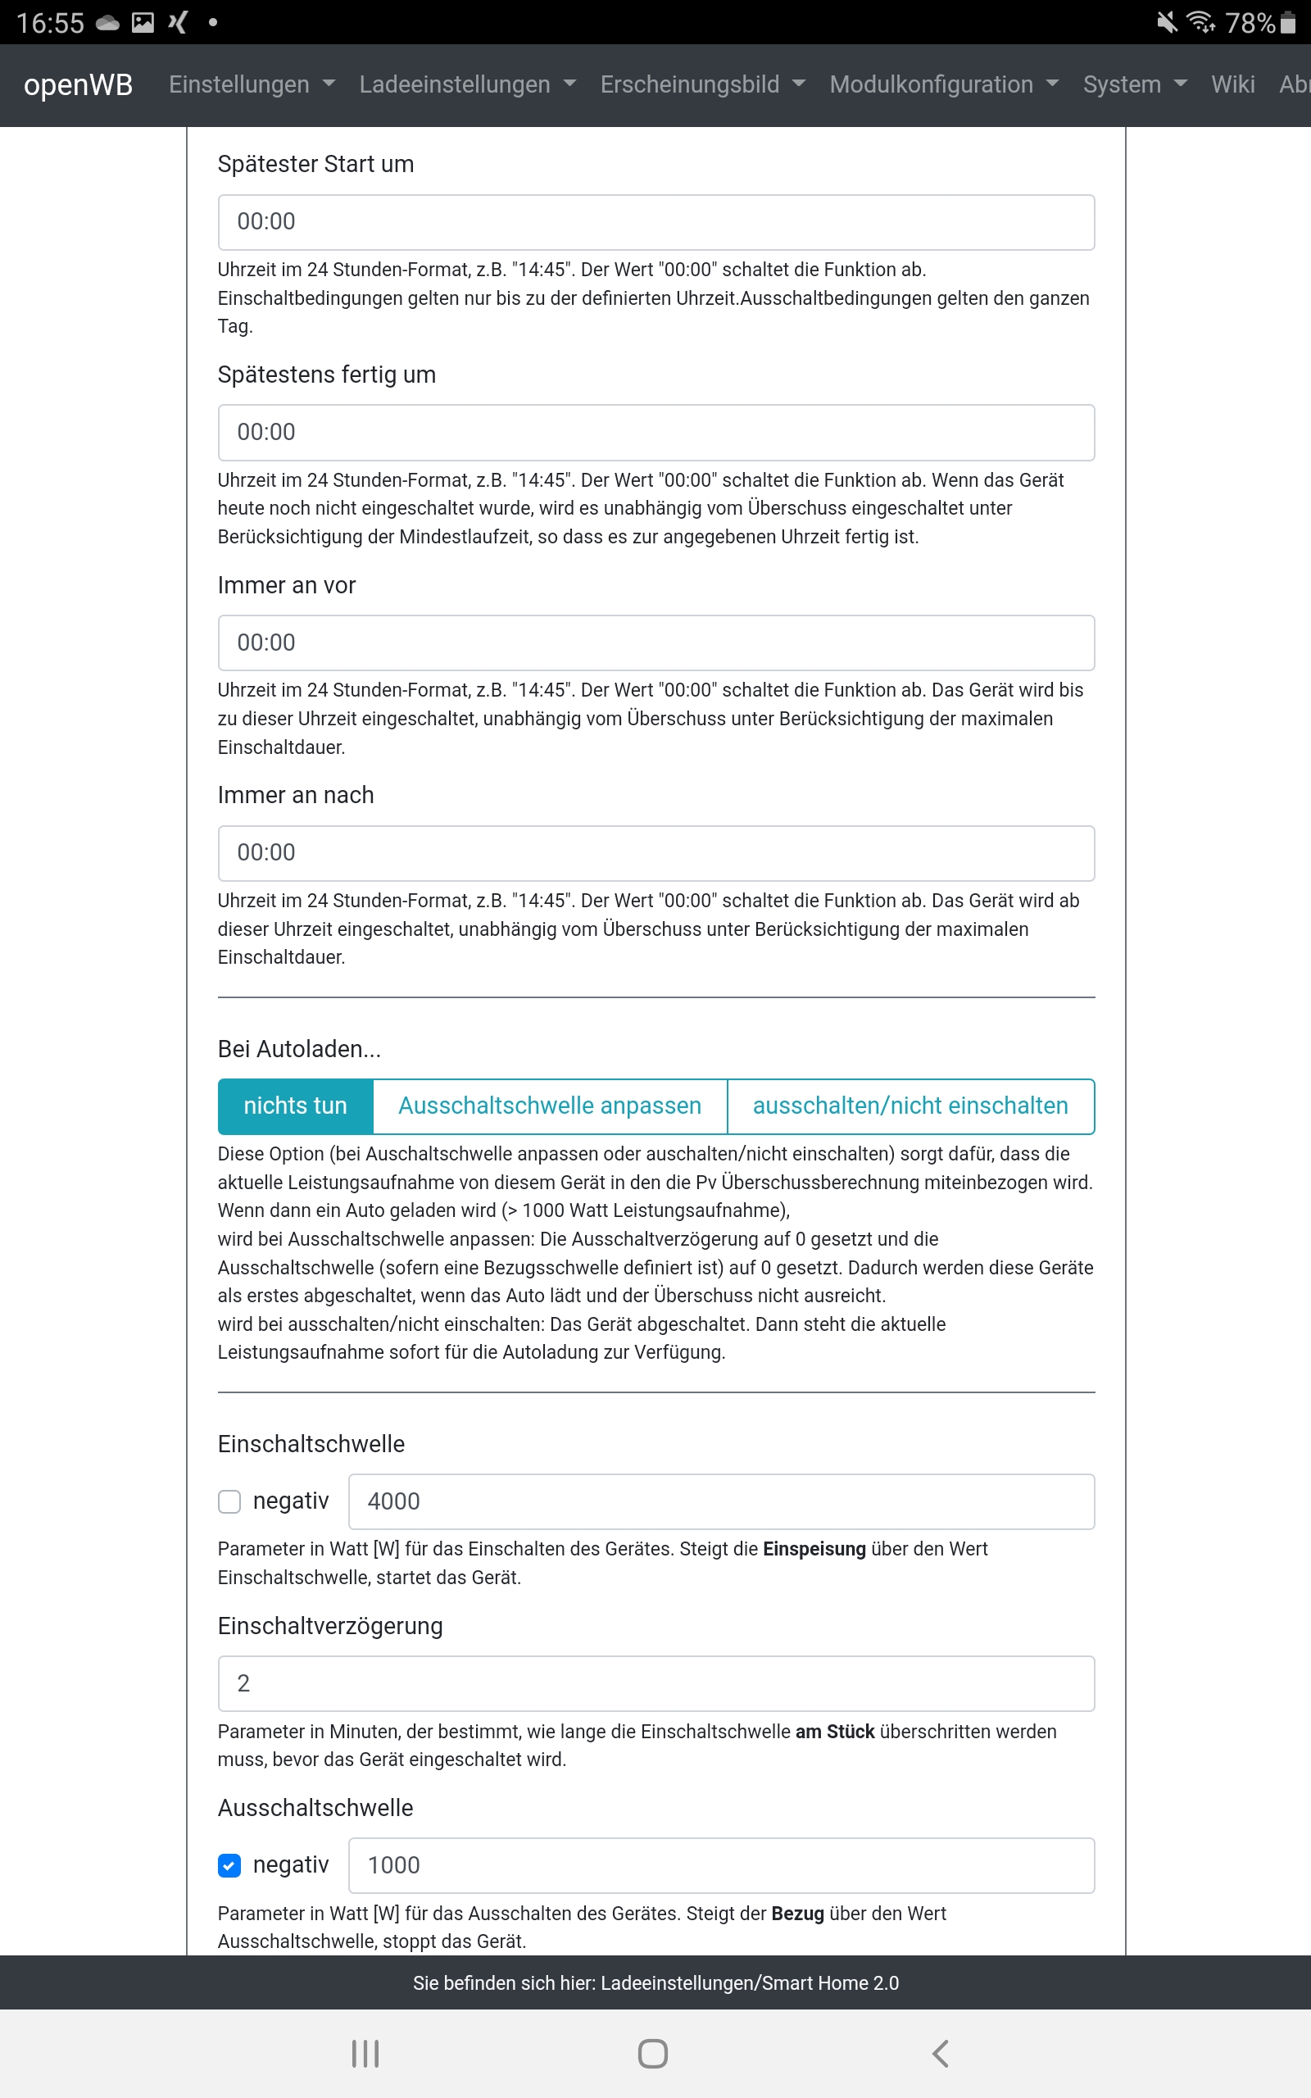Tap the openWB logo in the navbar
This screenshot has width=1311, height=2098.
click(x=78, y=85)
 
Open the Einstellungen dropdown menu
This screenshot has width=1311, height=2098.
click(x=251, y=85)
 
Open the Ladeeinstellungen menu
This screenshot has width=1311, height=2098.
click(x=466, y=85)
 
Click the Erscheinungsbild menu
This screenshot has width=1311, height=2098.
click(x=702, y=85)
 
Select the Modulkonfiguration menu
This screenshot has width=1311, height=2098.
click(x=943, y=85)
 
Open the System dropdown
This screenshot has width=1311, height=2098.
click(x=1134, y=85)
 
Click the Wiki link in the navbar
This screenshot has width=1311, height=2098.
click(x=1232, y=85)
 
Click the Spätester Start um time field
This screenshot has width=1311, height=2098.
click(x=655, y=222)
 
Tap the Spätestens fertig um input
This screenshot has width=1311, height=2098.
click(x=655, y=433)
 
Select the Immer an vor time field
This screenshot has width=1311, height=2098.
click(x=655, y=643)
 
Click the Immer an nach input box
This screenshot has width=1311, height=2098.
click(x=655, y=853)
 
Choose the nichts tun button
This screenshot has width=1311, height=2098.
click(x=295, y=1106)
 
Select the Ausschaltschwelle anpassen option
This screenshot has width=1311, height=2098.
click(x=550, y=1106)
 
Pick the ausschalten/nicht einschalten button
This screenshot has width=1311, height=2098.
click(x=910, y=1106)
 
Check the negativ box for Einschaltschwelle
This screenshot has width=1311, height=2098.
click(x=229, y=1501)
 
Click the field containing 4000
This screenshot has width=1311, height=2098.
click(x=720, y=1501)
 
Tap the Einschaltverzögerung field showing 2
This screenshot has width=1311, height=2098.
click(x=655, y=1683)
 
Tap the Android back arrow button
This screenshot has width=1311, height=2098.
click(x=941, y=2053)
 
